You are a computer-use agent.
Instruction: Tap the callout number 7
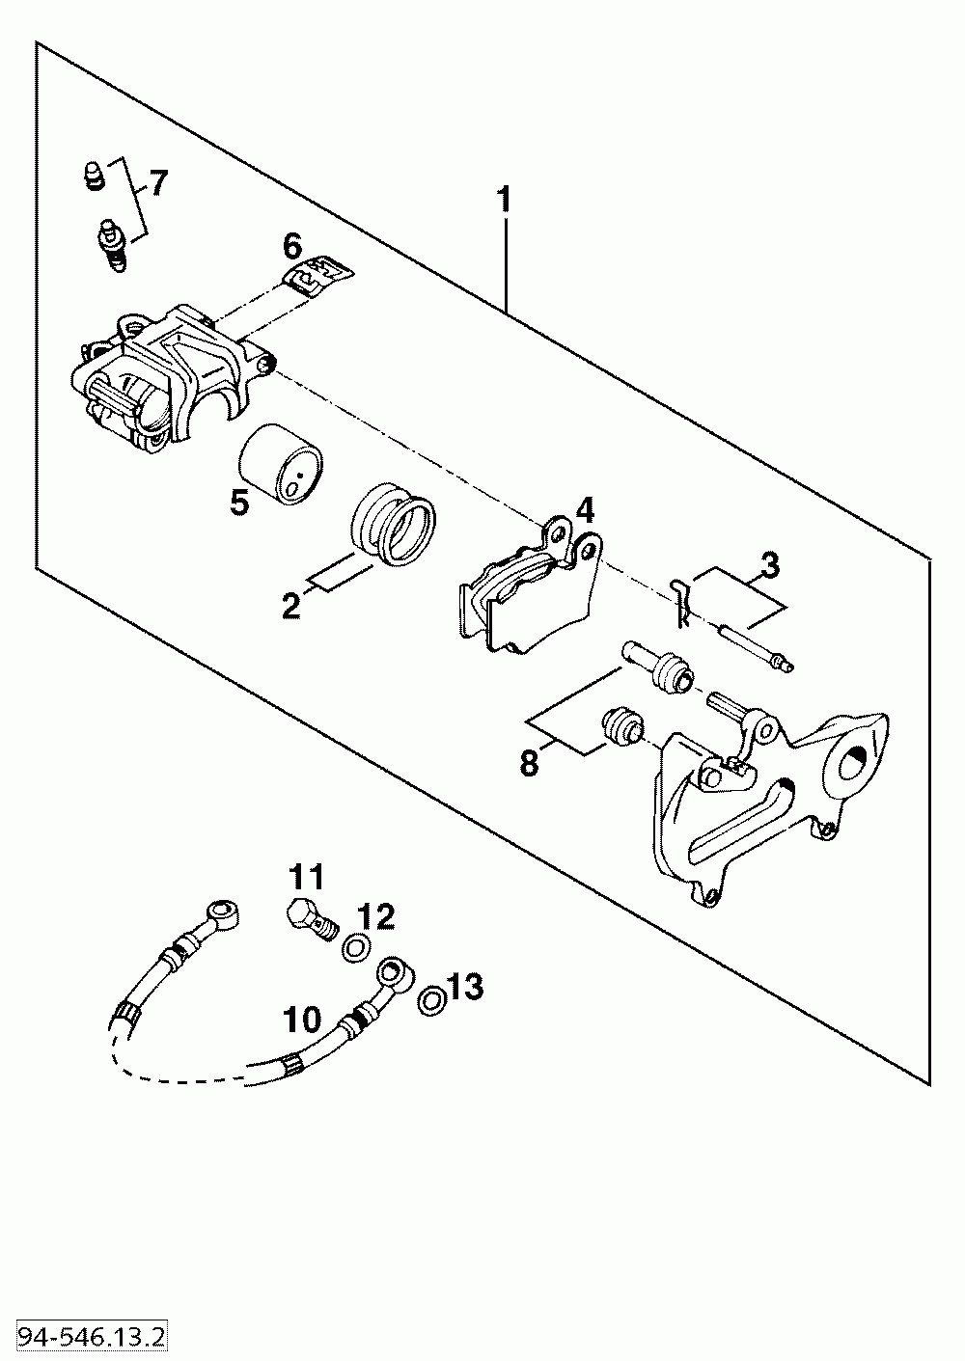(x=157, y=181)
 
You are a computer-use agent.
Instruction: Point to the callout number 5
(x=238, y=502)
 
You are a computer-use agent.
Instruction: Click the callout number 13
(x=465, y=986)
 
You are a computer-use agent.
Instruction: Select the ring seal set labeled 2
(x=392, y=527)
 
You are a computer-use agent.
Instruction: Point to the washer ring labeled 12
(x=355, y=949)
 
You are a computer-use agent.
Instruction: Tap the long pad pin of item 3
(x=758, y=648)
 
